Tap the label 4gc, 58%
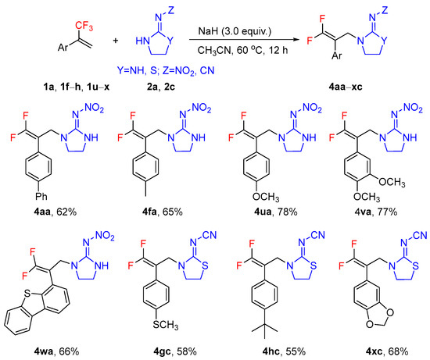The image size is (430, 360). pyautogui.click(x=164, y=351)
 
